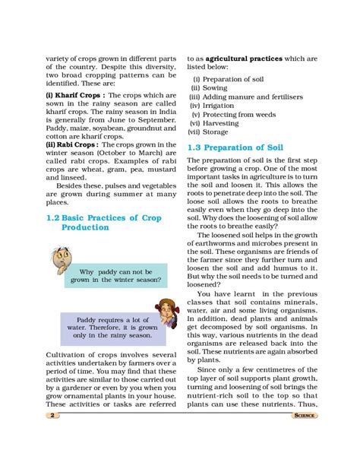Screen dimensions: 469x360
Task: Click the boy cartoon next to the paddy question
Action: point(59,260)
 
